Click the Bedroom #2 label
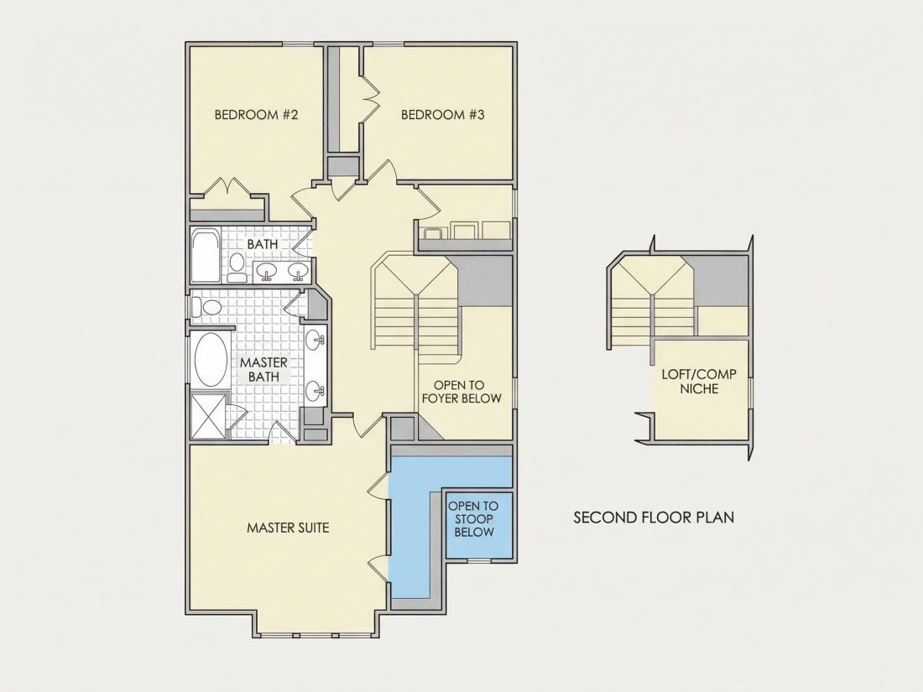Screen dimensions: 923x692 [256, 114]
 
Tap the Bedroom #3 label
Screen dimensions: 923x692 [443, 114]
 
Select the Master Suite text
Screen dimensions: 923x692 [288, 528]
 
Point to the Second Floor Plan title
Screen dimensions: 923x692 [654, 518]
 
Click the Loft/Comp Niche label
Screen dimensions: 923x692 [699, 382]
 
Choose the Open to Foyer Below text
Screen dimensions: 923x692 [461, 392]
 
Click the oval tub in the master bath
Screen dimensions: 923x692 [211, 359]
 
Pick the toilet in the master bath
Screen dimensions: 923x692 [207, 306]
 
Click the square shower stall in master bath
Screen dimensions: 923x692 [208, 416]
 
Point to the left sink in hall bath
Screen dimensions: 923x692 [269, 271]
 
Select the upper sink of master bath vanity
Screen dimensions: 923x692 [315, 340]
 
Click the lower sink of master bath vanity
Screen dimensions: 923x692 [315, 389]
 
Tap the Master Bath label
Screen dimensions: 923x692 [263, 369]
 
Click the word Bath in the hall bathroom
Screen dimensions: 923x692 [263, 243]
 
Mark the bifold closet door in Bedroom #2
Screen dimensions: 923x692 [227, 186]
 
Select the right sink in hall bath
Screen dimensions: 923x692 [299, 271]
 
